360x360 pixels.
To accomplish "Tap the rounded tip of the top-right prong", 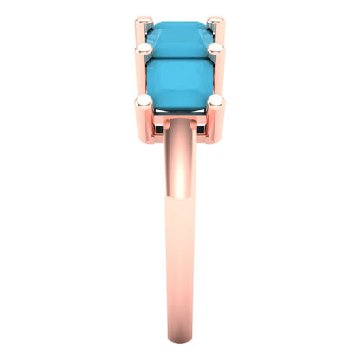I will point(216,22).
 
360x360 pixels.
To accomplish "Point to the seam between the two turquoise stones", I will point(180,55).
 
